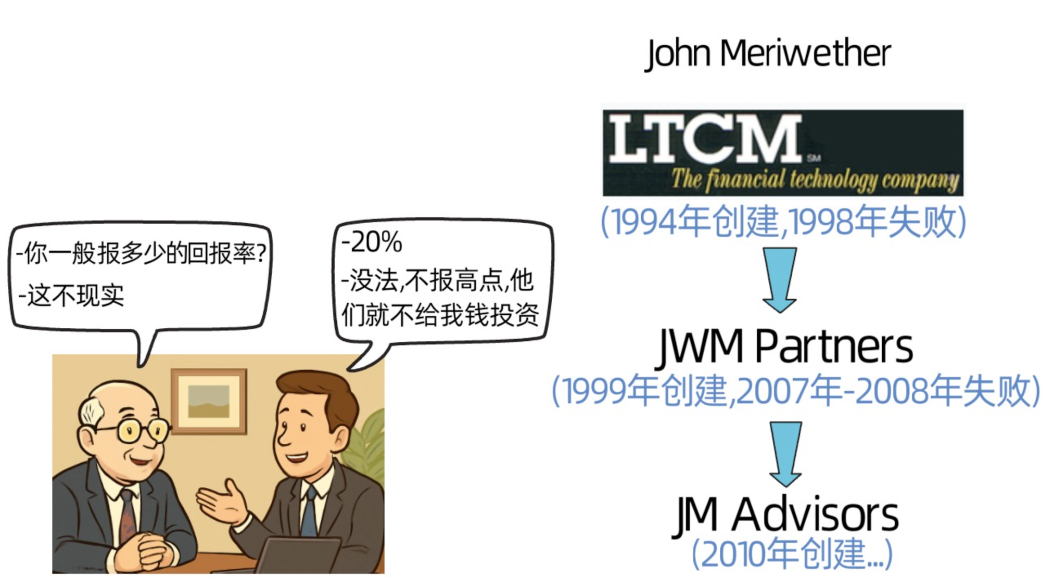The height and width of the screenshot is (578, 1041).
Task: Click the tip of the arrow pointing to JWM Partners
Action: click(779, 313)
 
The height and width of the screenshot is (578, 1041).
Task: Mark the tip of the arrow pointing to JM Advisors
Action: click(785, 487)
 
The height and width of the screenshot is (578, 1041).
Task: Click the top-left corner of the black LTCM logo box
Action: click(603, 110)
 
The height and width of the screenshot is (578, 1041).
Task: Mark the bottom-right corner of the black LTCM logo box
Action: click(964, 197)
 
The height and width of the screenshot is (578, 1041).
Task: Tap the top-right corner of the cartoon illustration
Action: click(385, 355)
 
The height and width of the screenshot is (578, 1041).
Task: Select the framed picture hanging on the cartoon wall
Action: click(209, 401)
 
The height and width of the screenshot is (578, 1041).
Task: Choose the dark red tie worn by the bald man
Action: click(128, 516)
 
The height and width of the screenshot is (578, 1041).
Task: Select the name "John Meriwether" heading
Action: click(768, 54)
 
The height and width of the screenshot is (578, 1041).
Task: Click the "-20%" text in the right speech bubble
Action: click(372, 242)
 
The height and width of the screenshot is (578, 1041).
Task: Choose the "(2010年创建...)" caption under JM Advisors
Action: click(792, 554)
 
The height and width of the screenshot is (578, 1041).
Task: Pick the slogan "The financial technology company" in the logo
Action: click(815, 180)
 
